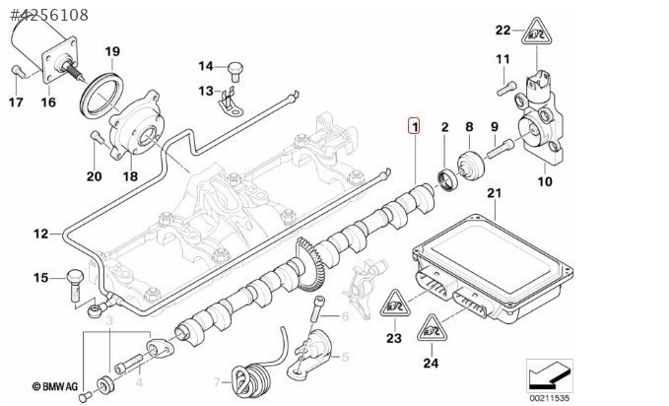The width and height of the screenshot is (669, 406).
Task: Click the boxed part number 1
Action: point(415,125)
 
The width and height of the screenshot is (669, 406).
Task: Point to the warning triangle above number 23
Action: point(394,305)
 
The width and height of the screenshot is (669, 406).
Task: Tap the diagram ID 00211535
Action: point(550,397)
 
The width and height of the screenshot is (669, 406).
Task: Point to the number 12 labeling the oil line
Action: point(39,234)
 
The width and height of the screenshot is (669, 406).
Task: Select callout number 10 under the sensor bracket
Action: point(545,180)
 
